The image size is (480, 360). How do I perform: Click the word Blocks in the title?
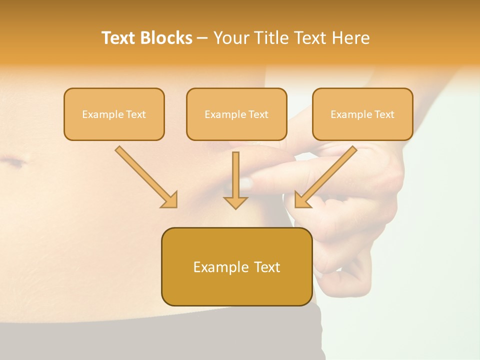click(166, 38)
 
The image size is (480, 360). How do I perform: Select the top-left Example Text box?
click(114, 114)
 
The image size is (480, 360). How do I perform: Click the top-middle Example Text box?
click(236, 114)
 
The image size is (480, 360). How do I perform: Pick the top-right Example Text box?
click(362, 114)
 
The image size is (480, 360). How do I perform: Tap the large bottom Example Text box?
click(236, 266)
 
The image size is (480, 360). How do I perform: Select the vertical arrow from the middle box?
click(235, 180)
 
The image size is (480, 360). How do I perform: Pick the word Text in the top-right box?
click(384, 114)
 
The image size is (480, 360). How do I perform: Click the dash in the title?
click(202, 38)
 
